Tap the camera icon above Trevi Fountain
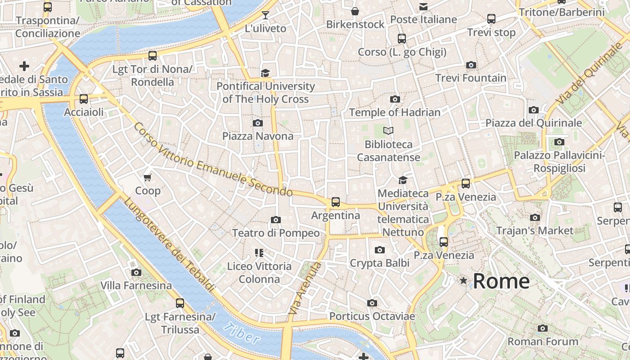[471, 65]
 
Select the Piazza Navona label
[258, 136]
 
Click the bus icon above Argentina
[336, 202]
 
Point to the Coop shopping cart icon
[148, 178]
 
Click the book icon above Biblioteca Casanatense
[388, 131]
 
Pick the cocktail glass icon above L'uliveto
[265, 15]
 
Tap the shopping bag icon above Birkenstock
[355, 11]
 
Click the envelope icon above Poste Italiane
[423, 7]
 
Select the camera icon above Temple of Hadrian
[395, 99]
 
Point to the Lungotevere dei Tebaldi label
[168, 244]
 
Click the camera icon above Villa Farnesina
[136, 273]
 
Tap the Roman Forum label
[543, 342]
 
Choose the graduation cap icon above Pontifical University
[265, 73]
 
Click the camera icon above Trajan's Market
[535, 218]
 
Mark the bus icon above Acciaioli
[84, 99]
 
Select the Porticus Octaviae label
[372, 316]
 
